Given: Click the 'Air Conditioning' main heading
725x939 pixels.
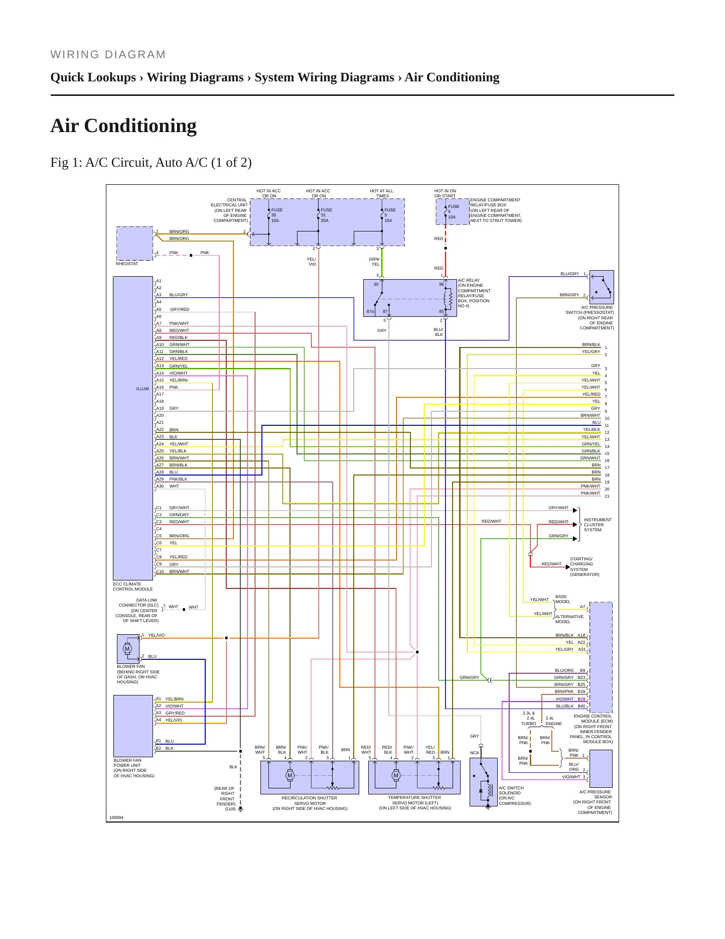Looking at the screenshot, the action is point(123,126).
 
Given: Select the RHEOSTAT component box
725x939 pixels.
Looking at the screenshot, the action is point(134,244).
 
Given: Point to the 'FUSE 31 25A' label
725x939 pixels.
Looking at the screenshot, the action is point(326,215).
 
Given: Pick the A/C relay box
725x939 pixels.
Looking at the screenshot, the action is point(410,298).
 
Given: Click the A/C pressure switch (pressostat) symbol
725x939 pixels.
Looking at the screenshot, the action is point(602,287).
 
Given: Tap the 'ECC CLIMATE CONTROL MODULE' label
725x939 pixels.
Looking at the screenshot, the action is point(133,586).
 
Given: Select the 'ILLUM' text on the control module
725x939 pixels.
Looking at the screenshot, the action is point(142,389).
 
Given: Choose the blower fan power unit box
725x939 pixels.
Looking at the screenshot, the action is point(133,726).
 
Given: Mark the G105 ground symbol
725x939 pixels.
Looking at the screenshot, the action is point(240,809).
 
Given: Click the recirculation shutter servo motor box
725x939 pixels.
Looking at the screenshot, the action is point(310,777).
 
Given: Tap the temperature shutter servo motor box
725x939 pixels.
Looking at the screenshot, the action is point(414,777).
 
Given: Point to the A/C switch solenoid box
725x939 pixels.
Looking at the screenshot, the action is point(484,782).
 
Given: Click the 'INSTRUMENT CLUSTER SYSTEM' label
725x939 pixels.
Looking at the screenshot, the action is point(598,525).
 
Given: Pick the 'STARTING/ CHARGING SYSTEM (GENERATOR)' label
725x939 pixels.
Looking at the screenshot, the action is point(585,566).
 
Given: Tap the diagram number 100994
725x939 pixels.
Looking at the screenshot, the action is point(116,817).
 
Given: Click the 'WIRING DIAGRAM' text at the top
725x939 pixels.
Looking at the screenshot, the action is point(108,55).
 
